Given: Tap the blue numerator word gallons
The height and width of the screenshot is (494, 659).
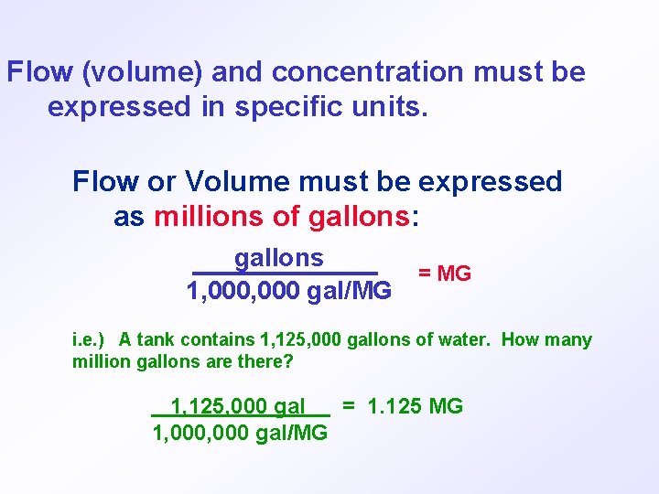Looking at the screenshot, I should tap(279, 259).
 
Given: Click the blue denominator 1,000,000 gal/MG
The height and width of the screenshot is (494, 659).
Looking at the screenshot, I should tap(288, 291).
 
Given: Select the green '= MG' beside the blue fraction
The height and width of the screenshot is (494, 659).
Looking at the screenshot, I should tap(444, 274).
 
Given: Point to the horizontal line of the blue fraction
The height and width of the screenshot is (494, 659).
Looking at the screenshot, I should tap(285, 273).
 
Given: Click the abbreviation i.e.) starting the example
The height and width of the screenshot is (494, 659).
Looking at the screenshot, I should tap(90, 340).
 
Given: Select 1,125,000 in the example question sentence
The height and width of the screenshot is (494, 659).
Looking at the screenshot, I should tap(301, 340).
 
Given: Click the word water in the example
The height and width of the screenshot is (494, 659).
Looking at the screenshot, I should tap(465, 340).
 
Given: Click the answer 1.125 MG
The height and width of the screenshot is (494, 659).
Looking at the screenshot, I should tap(415, 406).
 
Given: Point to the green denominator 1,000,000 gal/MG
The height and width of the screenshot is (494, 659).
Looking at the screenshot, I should tap(240, 433).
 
